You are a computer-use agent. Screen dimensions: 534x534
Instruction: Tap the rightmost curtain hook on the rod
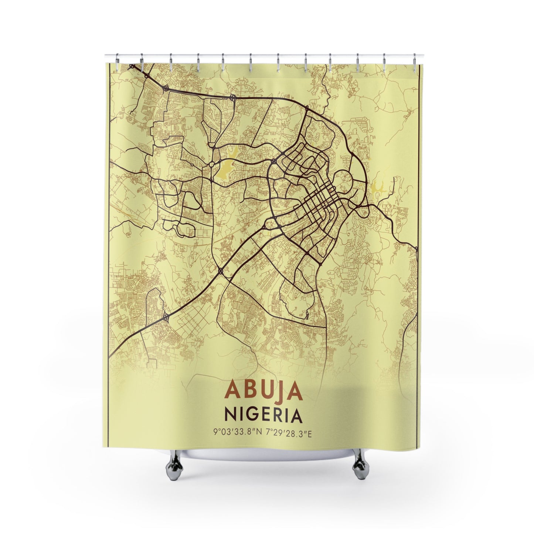coord(415,59)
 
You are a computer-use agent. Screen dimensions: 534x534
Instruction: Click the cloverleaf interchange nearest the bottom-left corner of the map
coord(166,317)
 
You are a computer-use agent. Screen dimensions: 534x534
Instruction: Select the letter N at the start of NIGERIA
coord(231,415)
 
